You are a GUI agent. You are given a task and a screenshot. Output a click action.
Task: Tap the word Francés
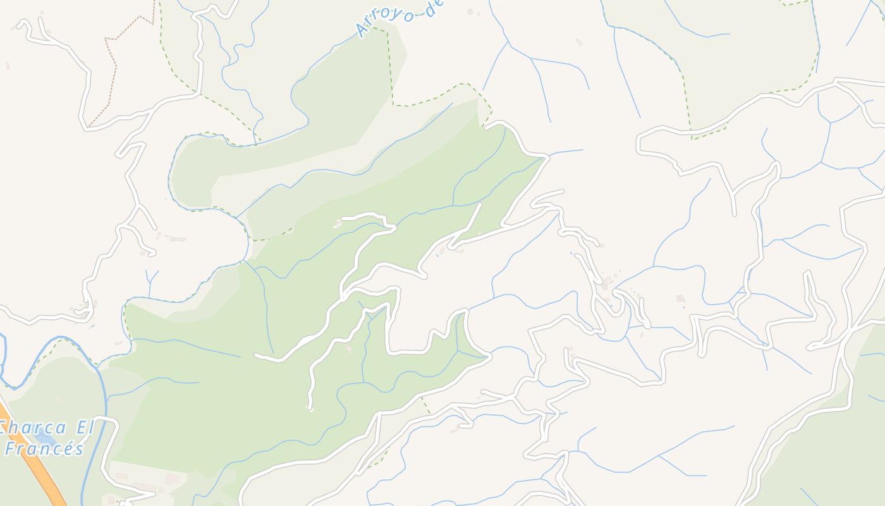click(44, 449)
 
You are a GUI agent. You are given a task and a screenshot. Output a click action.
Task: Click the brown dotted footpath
click(114, 70)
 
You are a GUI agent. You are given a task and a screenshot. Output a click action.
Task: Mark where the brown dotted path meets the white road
click(88, 126)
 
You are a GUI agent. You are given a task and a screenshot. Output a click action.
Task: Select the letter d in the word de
click(427, 9)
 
